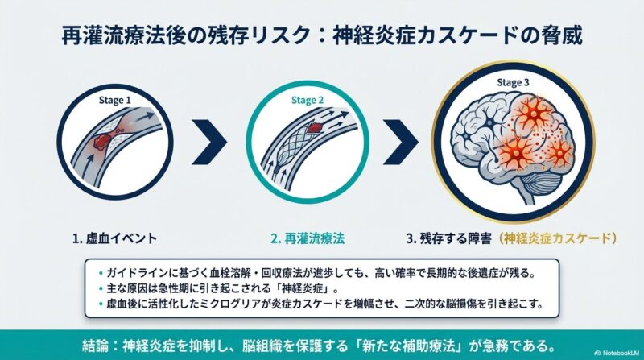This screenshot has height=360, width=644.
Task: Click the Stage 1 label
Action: coord(114,100)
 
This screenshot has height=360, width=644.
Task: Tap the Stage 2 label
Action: coord(308,100)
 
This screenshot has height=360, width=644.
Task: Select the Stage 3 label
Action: coord(513,83)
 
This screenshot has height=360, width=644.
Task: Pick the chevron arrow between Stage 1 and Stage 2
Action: coord(210,143)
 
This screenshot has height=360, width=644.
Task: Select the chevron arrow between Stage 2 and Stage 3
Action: coord(401,143)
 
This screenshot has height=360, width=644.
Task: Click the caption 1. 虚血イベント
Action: coord(114,238)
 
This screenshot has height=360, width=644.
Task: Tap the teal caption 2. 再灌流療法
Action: coord(308,238)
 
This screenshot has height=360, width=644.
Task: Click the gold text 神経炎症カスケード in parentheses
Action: coord(555,238)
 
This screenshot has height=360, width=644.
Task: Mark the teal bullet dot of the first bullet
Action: coord(101,273)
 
